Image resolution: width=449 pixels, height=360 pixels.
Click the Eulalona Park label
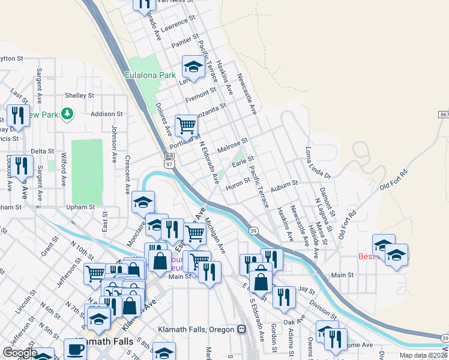pyautogui.click(x=150, y=76)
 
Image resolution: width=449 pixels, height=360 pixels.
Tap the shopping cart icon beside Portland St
pyautogui.click(x=187, y=125)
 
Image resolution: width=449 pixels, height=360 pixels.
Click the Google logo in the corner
pyautogui.click(x=20, y=353)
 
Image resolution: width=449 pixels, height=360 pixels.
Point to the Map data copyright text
pyautogui.click(x=423, y=355)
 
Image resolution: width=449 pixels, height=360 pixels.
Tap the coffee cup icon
pyautogui.click(x=75, y=349)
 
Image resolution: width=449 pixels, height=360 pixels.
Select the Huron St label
pyautogui.click(x=237, y=183)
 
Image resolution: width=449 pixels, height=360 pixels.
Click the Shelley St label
pyautogui.click(x=79, y=95)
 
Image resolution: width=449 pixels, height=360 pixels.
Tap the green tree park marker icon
pyautogui.click(x=68, y=113)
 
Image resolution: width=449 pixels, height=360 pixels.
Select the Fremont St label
pyautogui.click(x=200, y=94)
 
